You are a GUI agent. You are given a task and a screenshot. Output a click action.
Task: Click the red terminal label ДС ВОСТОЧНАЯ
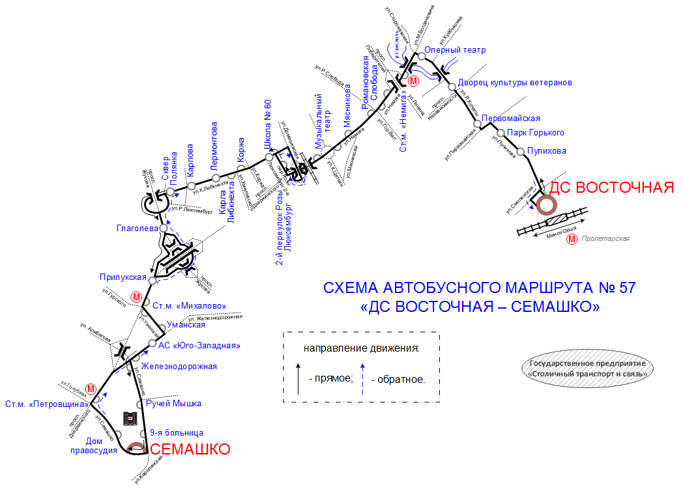(611, 188)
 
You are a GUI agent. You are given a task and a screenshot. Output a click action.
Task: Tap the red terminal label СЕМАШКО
(190, 449)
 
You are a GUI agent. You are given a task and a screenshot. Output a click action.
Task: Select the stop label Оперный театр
(455, 50)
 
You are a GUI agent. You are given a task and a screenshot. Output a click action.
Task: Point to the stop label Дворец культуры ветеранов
(514, 83)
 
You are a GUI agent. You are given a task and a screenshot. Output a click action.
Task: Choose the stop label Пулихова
(547, 151)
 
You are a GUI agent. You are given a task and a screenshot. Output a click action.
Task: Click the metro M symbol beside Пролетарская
(572, 239)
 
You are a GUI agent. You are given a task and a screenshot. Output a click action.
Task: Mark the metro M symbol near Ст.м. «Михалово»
(137, 297)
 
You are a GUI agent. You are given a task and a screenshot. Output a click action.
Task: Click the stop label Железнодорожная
(179, 366)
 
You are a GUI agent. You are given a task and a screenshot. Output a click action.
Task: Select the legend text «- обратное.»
(398, 379)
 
